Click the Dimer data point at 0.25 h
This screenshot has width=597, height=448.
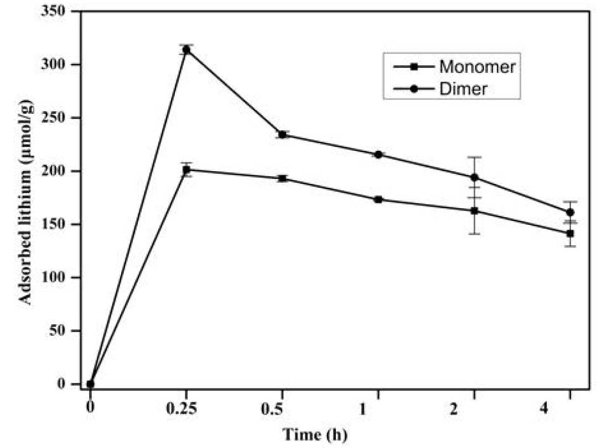point(186,50)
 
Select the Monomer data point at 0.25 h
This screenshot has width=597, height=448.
point(186,170)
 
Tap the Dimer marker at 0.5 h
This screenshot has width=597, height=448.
point(282,135)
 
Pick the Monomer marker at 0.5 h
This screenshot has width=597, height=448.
point(282,178)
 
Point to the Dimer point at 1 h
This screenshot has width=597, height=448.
point(378,155)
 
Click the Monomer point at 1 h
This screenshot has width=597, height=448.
point(378,199)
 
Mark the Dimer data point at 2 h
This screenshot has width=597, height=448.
point(474,177)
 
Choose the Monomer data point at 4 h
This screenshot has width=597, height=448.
point(570,233)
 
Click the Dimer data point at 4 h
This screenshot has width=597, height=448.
point(570,212)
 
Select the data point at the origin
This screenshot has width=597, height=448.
point(90,384)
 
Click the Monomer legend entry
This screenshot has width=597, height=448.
point(455,67)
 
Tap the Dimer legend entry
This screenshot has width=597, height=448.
point(440,89)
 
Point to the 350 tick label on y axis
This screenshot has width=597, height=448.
point(56,11)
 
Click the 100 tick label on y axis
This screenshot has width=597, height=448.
point(56,278)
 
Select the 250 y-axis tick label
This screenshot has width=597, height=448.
point(56,118)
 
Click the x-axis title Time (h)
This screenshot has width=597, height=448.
point(315,434)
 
